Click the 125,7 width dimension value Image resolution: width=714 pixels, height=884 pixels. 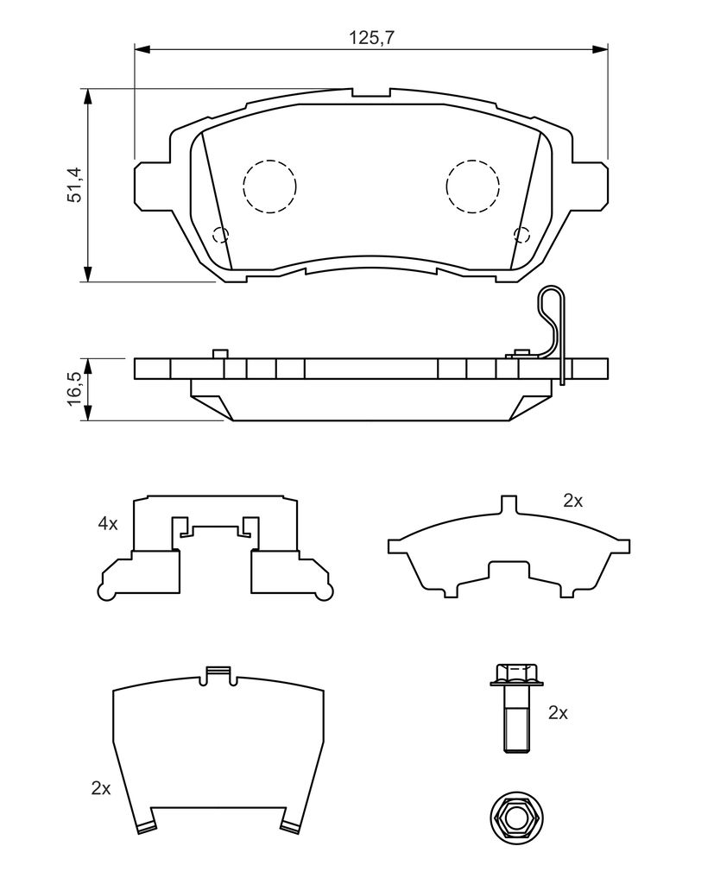pos(371,38)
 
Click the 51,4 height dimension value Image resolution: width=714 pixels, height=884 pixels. pos(74,184)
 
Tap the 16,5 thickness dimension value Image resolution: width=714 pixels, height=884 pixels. pos(74,389)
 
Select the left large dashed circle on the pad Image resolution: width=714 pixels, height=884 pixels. pos(269,186)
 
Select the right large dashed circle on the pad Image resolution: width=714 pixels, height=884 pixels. pos(472,186)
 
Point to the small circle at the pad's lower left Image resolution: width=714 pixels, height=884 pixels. pos(221,235)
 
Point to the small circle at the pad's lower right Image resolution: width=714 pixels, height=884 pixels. pos(521,235)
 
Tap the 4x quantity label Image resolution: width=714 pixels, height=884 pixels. pos(108,524)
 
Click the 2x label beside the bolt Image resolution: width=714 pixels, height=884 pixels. pos(558,713)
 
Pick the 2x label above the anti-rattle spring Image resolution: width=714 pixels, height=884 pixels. pos(573,501)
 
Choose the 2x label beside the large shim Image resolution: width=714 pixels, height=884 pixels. pos(101,788)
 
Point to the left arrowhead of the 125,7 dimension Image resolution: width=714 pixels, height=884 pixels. pos(142,50)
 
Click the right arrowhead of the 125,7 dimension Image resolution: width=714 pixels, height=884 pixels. pos(600,50)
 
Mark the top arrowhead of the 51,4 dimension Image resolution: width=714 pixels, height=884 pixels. pos(87,97)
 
